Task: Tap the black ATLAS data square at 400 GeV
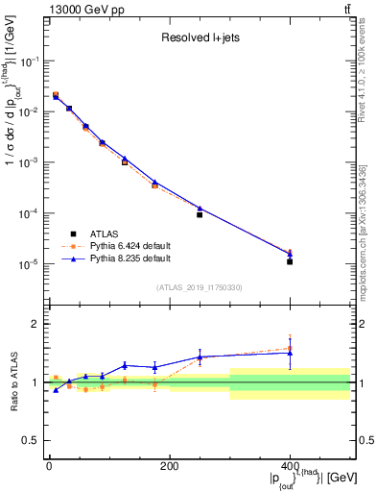290,261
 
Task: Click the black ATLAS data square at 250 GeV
200,214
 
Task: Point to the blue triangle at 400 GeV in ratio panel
290,353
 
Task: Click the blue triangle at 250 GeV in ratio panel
200,357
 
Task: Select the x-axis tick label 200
169,466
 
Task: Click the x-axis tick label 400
290,466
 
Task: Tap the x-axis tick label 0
49,466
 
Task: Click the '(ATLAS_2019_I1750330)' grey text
199,286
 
